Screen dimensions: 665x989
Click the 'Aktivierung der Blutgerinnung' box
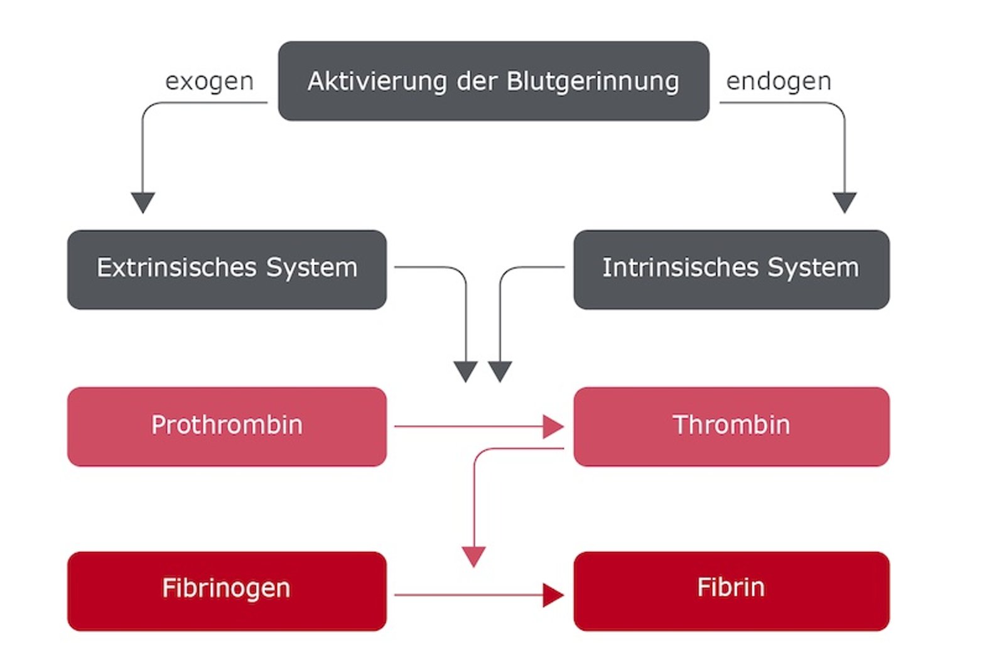point(494,81)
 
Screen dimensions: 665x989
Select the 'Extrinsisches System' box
point(227,269)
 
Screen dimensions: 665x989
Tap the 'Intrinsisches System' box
point(731,269)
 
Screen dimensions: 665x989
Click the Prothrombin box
point(227,426)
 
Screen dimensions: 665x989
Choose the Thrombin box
point(731,426)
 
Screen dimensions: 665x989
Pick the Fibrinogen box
point(227,591)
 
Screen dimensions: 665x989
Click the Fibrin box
point(731,591)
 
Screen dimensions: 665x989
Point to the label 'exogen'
point(209,81)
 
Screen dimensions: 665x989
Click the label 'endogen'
point(779,81)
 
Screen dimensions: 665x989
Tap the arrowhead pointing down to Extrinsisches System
point(143,202)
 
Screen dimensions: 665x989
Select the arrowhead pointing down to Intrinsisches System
point(845,202)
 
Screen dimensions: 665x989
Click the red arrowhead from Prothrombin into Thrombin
point(553,427)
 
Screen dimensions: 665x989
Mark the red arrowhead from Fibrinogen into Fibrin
point(553,595)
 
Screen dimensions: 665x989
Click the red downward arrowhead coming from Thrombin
point(473,555)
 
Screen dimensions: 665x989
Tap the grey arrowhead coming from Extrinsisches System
point(466,370)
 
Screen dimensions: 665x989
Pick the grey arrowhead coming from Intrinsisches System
point(500,370)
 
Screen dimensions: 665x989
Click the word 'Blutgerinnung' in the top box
point(593,82)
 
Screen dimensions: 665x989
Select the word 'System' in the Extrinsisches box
point(311,268)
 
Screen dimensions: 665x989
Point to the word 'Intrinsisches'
point(681,268)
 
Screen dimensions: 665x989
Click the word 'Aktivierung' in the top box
point(377,81)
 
